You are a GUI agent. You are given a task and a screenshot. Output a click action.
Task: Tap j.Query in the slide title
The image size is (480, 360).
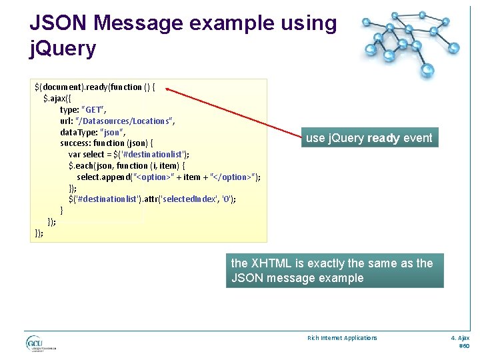coord(63,48)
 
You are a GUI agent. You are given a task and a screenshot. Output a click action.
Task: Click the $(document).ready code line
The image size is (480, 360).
coord(95,87)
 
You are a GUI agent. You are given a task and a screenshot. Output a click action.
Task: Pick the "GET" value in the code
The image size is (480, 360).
coord(93,109)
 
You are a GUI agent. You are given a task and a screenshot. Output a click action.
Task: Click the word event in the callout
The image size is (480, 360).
coord(417,139)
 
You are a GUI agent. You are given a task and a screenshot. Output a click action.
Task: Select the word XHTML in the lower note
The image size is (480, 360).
coord(271,263)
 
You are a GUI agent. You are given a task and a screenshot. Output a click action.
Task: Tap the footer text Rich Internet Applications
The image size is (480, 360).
coord(342,338)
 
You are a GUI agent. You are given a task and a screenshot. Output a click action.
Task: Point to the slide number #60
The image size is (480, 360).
coord(464,347)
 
